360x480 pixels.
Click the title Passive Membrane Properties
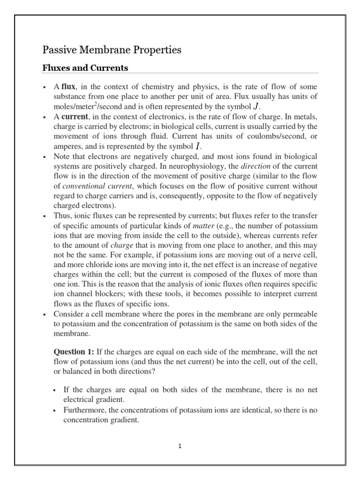click(x=112, y=50)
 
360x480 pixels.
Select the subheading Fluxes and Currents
click(x=85, y=68)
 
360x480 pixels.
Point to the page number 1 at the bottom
click(x=180, y=446)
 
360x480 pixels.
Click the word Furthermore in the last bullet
click(x=83, y=410)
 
